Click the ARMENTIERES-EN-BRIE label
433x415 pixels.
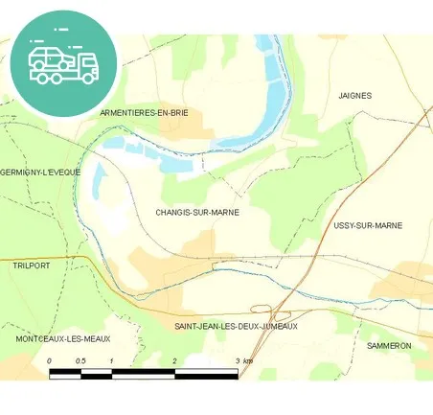[144, 112]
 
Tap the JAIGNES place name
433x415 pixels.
[354, 96]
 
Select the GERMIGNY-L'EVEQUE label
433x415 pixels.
[40, 173]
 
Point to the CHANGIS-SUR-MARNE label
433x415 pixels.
[196, 212]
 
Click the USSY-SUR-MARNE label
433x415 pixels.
[368, 225]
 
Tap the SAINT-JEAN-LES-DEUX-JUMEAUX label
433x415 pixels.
[236, 326]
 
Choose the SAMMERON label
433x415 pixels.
[389, 345]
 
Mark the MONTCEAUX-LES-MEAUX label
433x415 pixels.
[64, 339]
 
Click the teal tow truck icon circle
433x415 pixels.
[64, 63]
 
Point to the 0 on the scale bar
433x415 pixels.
[49, 360]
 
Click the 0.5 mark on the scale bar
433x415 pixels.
[80, 360]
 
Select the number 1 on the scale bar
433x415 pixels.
[112, 360]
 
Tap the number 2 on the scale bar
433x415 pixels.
[174, 360]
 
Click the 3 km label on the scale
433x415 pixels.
[242, 360]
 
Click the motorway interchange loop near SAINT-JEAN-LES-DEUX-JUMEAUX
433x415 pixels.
[261, 309]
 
